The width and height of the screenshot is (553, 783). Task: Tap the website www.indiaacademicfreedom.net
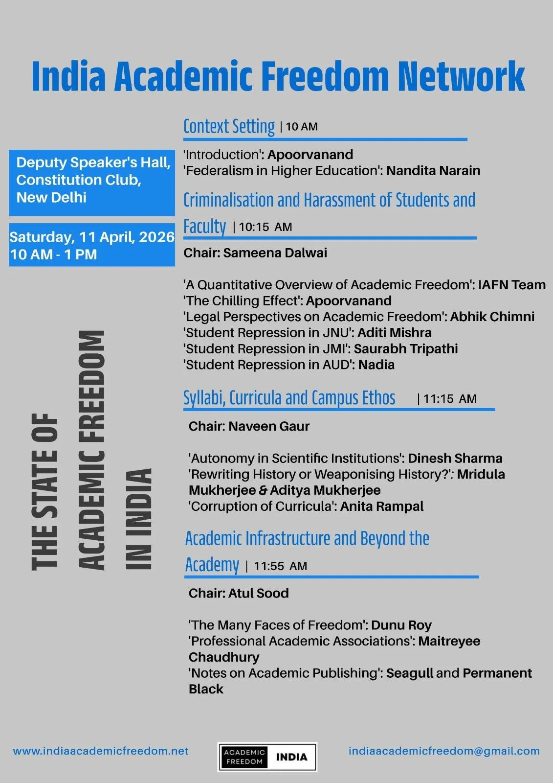[101, 751]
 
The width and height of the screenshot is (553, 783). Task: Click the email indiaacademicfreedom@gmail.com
[444, 751]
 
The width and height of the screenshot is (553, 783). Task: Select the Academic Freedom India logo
[267, 757]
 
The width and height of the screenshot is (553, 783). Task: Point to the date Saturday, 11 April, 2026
[92, 237]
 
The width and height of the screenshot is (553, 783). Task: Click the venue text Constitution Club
[79, 180]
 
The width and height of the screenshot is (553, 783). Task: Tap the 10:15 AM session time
[265, 227]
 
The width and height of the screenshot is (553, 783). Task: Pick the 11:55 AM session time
[280, 566]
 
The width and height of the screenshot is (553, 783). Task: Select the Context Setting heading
[229, 126]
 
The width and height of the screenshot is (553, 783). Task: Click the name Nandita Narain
[433, 171]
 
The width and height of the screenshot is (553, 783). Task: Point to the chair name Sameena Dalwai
[275, 253]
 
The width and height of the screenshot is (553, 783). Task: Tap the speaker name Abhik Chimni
[492, 317]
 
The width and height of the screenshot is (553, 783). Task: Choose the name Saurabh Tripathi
[406, 349]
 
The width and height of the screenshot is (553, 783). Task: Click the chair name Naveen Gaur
[269, 426]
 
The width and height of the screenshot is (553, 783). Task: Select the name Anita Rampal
[382, 507]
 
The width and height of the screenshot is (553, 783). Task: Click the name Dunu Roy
[401, 625]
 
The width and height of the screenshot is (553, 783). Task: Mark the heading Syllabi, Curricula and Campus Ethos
[289, 398]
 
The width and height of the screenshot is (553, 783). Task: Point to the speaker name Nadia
[376, 365]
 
